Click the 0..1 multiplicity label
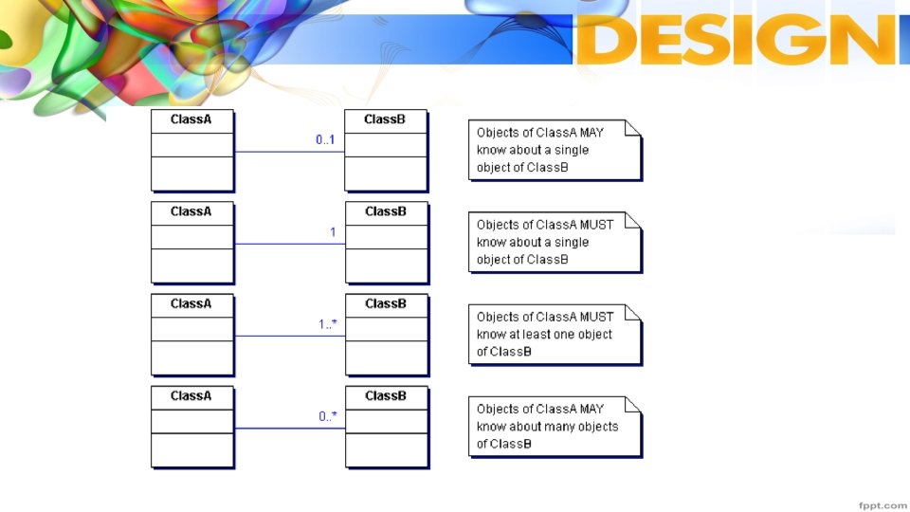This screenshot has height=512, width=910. click(326, 139)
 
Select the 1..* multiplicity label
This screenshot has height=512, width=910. click(328, 324)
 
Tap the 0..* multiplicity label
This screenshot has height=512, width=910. click(328, 416)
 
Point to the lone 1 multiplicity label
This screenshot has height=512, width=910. click(333, 232)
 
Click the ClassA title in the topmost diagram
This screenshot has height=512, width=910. click(191, 119)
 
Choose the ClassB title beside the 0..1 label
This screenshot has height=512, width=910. click(385, 119)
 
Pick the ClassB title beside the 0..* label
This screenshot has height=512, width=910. click(386, 395)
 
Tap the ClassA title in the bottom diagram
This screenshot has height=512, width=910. click(191, 395)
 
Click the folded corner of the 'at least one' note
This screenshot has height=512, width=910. click(633, 312)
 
